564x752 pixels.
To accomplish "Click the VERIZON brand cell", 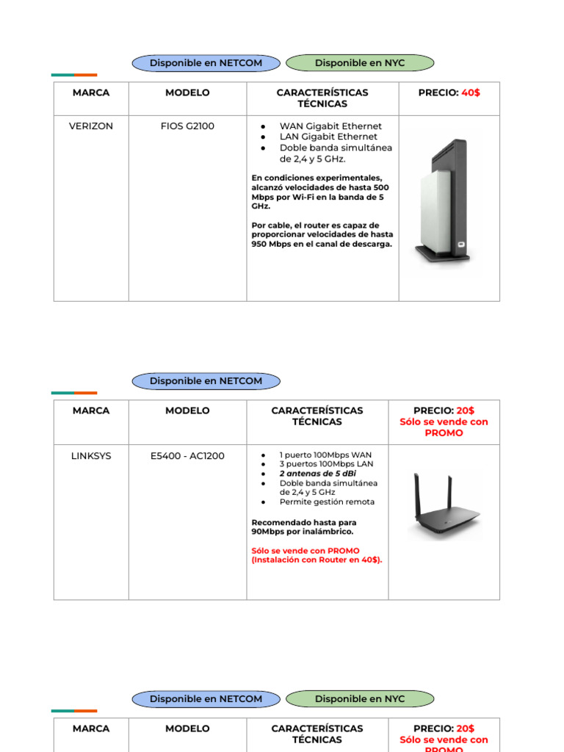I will pos(91,126).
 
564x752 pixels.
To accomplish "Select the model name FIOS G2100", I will pos(187,126).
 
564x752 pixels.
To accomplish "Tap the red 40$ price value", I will pos(471,93).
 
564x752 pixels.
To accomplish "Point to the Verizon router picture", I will pos(442,203).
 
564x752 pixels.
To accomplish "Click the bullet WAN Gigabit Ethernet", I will pos(330,126).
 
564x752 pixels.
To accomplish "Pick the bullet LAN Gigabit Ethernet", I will pos(328,137).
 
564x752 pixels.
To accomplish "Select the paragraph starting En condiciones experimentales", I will pos(320,192).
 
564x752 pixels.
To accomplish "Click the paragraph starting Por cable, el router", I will pos(322,235).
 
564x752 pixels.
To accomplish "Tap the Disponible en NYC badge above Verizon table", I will pos(360,63).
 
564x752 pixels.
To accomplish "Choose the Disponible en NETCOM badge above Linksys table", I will pos(206,381).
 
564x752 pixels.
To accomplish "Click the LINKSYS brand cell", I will pos(91,456).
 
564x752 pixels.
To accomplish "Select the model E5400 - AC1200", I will pos(187,456).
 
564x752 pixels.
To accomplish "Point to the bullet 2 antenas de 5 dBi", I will pos(317,474).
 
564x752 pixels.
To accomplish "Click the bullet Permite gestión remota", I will pos(327,502).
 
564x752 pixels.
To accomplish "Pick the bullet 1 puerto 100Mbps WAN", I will pos(325,455).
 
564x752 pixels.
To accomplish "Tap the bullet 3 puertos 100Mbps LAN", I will pos(326,465).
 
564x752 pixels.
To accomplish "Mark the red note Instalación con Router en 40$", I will pos(317,560).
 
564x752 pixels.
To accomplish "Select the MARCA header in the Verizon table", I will pos(91,93).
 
